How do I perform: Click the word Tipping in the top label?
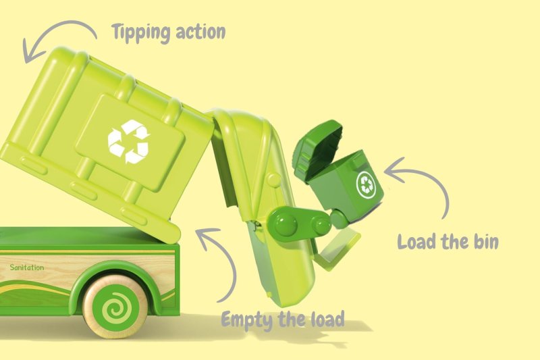click(x=141, y=32)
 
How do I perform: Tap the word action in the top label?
click(x=200, y=32)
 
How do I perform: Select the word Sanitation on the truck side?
click(x=27, y=267)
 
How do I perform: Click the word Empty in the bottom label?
click(x=247, y=320)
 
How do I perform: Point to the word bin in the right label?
click(x=486, y=241)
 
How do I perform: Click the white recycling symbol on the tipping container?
click(x=129, y=142)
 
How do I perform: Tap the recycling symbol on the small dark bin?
click(x=366, y=184)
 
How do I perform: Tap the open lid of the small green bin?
click(x=319, y=147)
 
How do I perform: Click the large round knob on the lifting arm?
click(x=285, y=223)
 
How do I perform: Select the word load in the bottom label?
click(x=327, y=319)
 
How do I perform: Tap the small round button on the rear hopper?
click(x=274, y=180)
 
